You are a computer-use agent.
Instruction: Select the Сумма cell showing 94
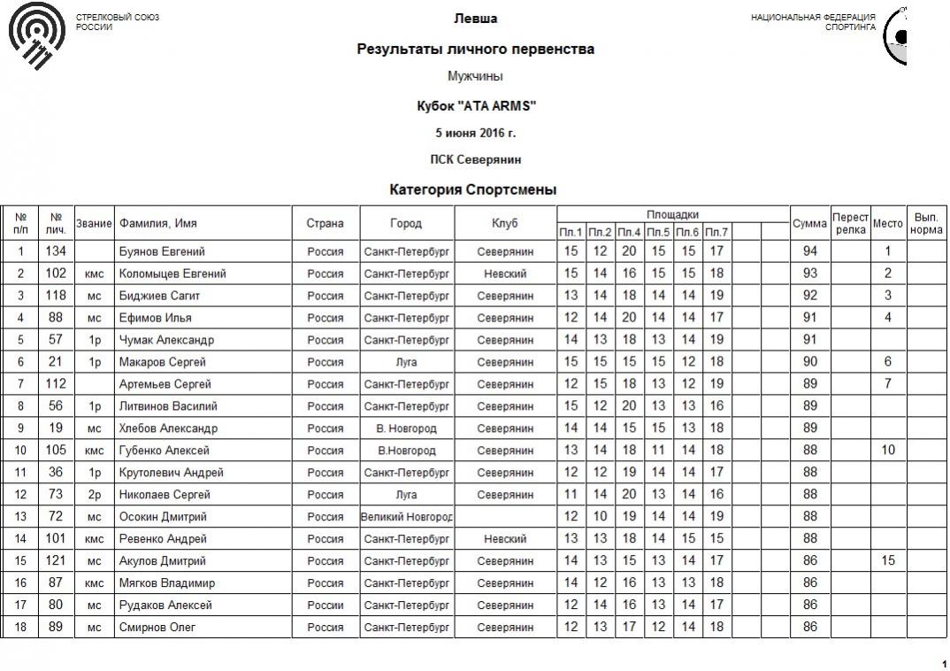coord(809,251)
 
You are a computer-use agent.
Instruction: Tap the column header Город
coord(406,223)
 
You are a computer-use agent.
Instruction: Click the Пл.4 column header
coord(629,233)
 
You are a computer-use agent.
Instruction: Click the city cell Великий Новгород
coord(407,517)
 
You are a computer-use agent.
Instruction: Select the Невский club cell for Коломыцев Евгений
coord(505,274)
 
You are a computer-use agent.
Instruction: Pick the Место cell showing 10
coord(888,451)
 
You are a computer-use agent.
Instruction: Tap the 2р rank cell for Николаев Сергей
coord(94,495)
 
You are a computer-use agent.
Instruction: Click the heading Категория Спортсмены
coord(472,189)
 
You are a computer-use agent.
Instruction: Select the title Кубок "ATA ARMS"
coord(476,106)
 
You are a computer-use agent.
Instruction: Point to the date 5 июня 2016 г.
coord(475,133)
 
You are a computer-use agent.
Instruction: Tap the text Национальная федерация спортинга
coord(813,22)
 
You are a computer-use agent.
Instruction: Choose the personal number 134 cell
coord(56,251)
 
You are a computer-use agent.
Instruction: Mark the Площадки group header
coord(672,214)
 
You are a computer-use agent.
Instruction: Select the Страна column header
coord(326,223)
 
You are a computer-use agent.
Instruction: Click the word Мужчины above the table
coord(475,77)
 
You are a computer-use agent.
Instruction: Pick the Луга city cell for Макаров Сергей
coord(407,362)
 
